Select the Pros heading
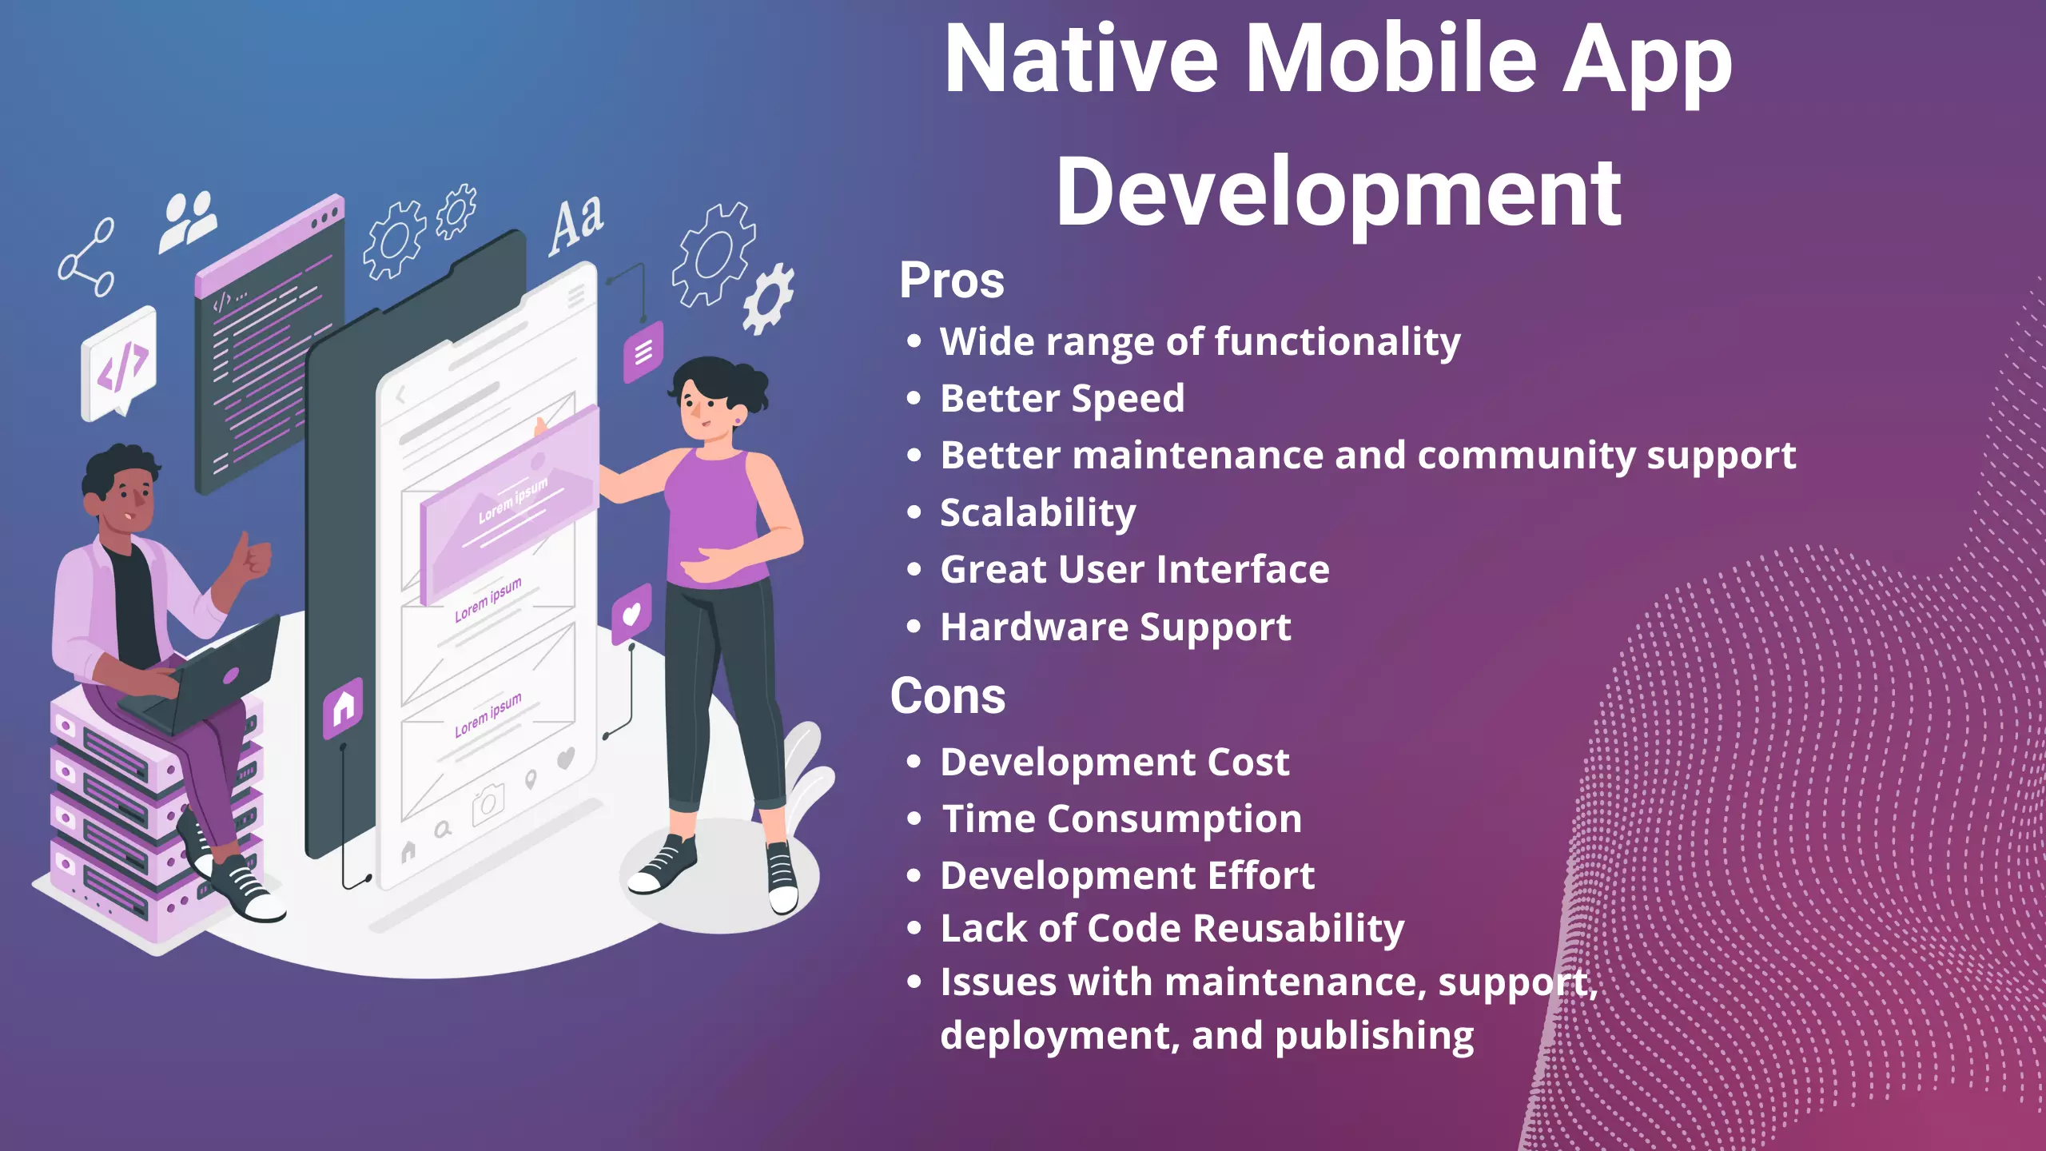click(951, 281)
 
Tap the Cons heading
click(948, 696)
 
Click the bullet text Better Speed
click(1062, 399)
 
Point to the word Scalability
click(1037, 513)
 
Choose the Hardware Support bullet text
click(1116, 627)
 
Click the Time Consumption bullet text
click(1122, 819)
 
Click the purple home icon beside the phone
click(343, 707)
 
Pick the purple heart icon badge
click(631, 614)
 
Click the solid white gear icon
click(768, 298)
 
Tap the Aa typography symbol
click(576, 225)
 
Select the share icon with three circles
click(86, 257)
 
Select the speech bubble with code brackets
click(119, 364)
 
